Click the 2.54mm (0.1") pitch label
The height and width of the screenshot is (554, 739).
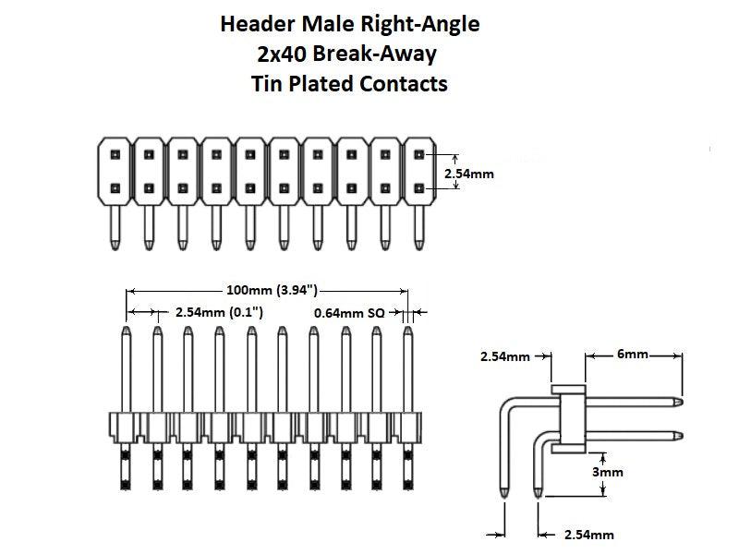pyautogui.click(x=219, y=313)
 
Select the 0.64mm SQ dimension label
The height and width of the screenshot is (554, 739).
pyautogui.click(x=348, y=313)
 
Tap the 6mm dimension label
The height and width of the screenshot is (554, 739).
pyautogui.click(x=634, y=354)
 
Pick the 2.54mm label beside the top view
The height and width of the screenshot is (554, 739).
pyautogui.click(x=469, y=173)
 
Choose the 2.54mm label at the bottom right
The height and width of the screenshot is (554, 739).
pyautogui.click(x=588, y=535)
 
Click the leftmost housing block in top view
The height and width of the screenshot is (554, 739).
pyautogui.click(x=114, y=170)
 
